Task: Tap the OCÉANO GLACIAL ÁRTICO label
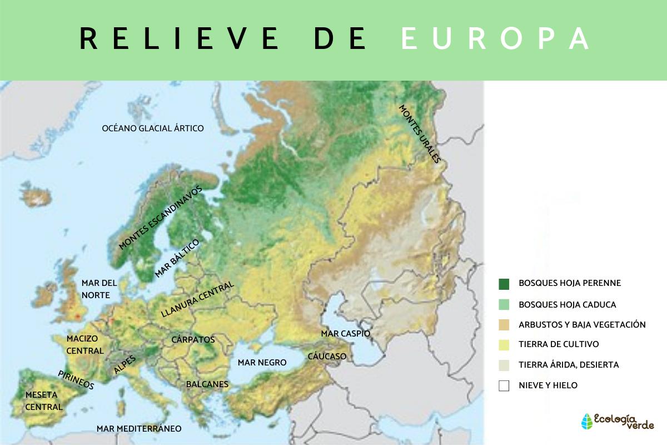point(153,128)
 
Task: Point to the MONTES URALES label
point(420,133)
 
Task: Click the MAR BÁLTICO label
point(177,259)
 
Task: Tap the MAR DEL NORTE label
point(96,289)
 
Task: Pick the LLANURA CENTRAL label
point(197,300)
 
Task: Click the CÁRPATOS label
point(193,339)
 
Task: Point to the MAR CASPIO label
point(345,334)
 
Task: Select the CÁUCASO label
point(327,356)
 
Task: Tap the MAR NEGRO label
point(262,363)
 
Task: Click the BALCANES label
point(207,384)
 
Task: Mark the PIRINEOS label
point(76,380)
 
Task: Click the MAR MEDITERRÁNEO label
point(139,429)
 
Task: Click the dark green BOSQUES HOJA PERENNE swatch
point(504,284)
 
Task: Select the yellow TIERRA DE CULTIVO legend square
point(504,345)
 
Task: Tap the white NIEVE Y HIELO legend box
point(504,385)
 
